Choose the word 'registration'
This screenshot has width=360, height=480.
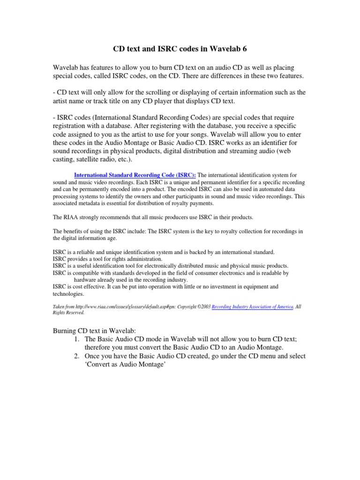pyautogui.click(x=72, y=126)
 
